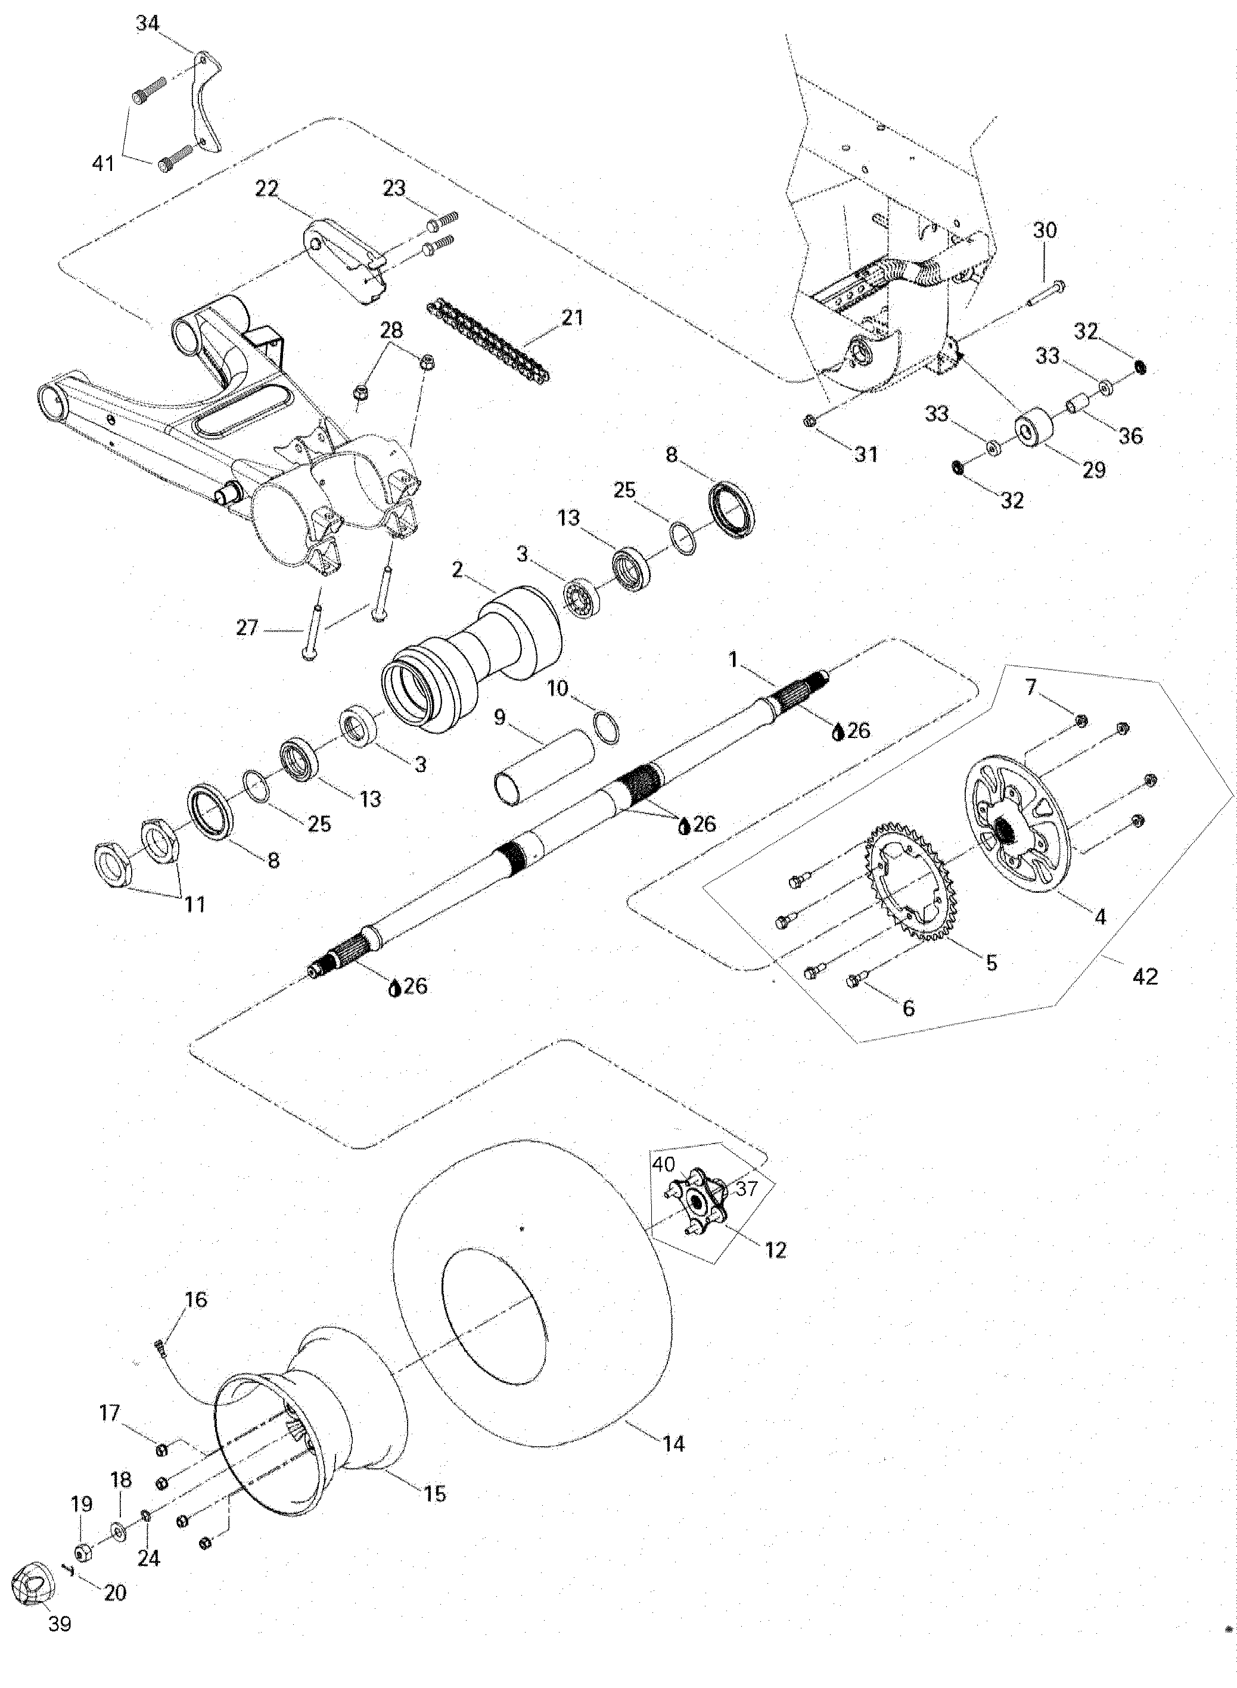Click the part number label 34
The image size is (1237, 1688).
[x=148, y=23]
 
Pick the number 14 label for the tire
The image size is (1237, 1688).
[x=674, y=1444]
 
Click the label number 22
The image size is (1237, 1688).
[x=266, y=189]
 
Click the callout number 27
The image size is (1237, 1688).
[x=247, y=627]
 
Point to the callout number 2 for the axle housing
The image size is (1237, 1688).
[x=458, y=569]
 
